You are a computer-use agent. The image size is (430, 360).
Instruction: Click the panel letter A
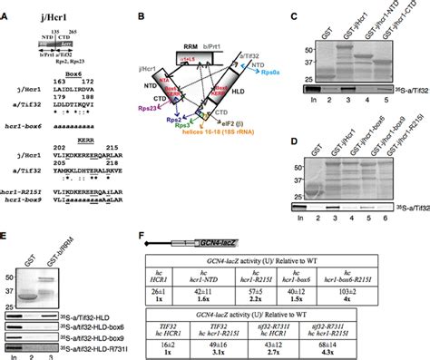tap(6, 7)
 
